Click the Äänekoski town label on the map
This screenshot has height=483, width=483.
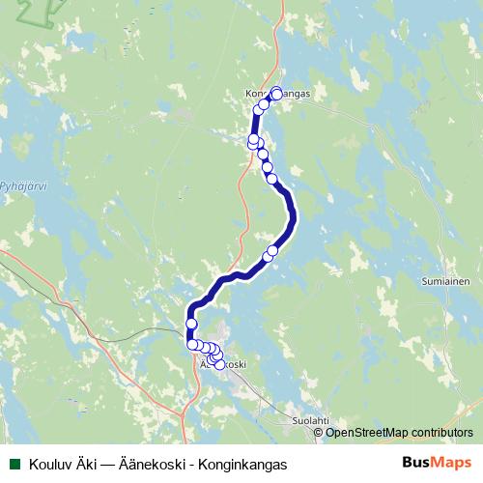pyautogui.click(x=222, y=365)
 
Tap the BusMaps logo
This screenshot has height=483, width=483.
pyautogui.click(x=436, y=463)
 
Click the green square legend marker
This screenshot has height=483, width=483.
pyautogui.click(x=14, y=464)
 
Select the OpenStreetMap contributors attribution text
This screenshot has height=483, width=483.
pyautogui.click(x=399, y=432)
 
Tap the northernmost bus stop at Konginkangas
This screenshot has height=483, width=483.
pyautogui.click(x=276, y=93)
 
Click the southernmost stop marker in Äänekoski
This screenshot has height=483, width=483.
pyautogui.click(x=219, y=364)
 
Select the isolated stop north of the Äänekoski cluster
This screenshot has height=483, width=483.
pyautogui.click(x=191, y=324)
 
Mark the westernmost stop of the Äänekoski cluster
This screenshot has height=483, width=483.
pyautogui.click(x=191, y=344)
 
